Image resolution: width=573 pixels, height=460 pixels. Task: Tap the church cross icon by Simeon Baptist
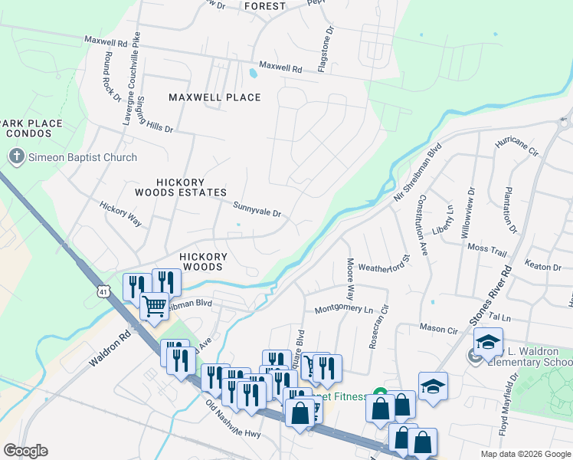click(x=17, y=158)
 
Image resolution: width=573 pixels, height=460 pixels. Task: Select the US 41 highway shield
click(x=106, y=291)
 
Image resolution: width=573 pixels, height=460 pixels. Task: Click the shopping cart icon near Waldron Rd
click(x=154, y=306)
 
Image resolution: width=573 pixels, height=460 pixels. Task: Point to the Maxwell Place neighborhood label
click(x=214, y=97)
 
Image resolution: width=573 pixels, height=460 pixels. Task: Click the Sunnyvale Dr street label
click(x=258, y=209)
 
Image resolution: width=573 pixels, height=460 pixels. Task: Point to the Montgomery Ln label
click(x=343, y=309)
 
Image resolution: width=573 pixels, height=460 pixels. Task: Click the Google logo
click(x=25, y=451)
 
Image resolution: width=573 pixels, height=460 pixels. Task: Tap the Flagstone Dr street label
click(x=327, y=50)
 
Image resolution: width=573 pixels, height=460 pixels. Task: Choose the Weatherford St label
click(x=385, y=268)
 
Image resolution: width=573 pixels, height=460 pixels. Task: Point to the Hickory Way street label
click(x=120, y=214)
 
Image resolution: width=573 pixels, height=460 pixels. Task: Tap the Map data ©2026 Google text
click(x=525, y=454)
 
